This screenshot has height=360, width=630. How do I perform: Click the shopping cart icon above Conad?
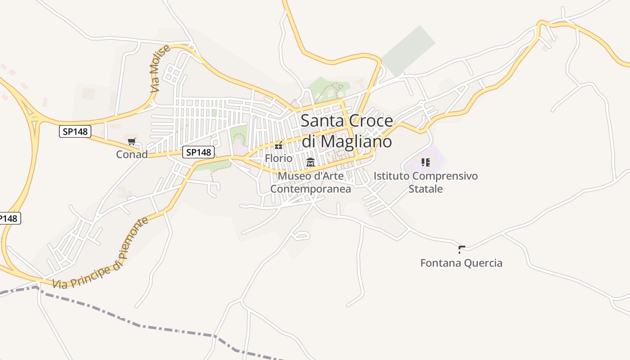coord(132,142)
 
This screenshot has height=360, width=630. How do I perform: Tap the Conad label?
coord(132,154)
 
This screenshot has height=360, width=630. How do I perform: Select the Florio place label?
coord(279,158)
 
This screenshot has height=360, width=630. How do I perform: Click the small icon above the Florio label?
coord(279,145)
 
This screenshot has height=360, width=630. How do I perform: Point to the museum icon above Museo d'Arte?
coord(310,162)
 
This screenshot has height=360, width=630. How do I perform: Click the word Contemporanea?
coord(310,189)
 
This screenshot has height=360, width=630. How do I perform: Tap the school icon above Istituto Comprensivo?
coord(426,162)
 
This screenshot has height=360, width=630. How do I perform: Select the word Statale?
coord(426,189)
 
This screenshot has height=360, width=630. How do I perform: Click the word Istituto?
coord(391,176)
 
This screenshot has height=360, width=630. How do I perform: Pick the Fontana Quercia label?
coord(461,263)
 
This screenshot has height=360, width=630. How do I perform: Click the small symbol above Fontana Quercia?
coord(461,249)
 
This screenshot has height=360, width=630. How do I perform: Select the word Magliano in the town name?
coord(356,141)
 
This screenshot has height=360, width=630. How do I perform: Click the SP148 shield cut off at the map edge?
coord(9,219)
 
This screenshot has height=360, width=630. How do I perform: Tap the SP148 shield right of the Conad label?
coord(198,152)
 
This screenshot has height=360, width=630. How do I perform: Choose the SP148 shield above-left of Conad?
coord(75,131)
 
